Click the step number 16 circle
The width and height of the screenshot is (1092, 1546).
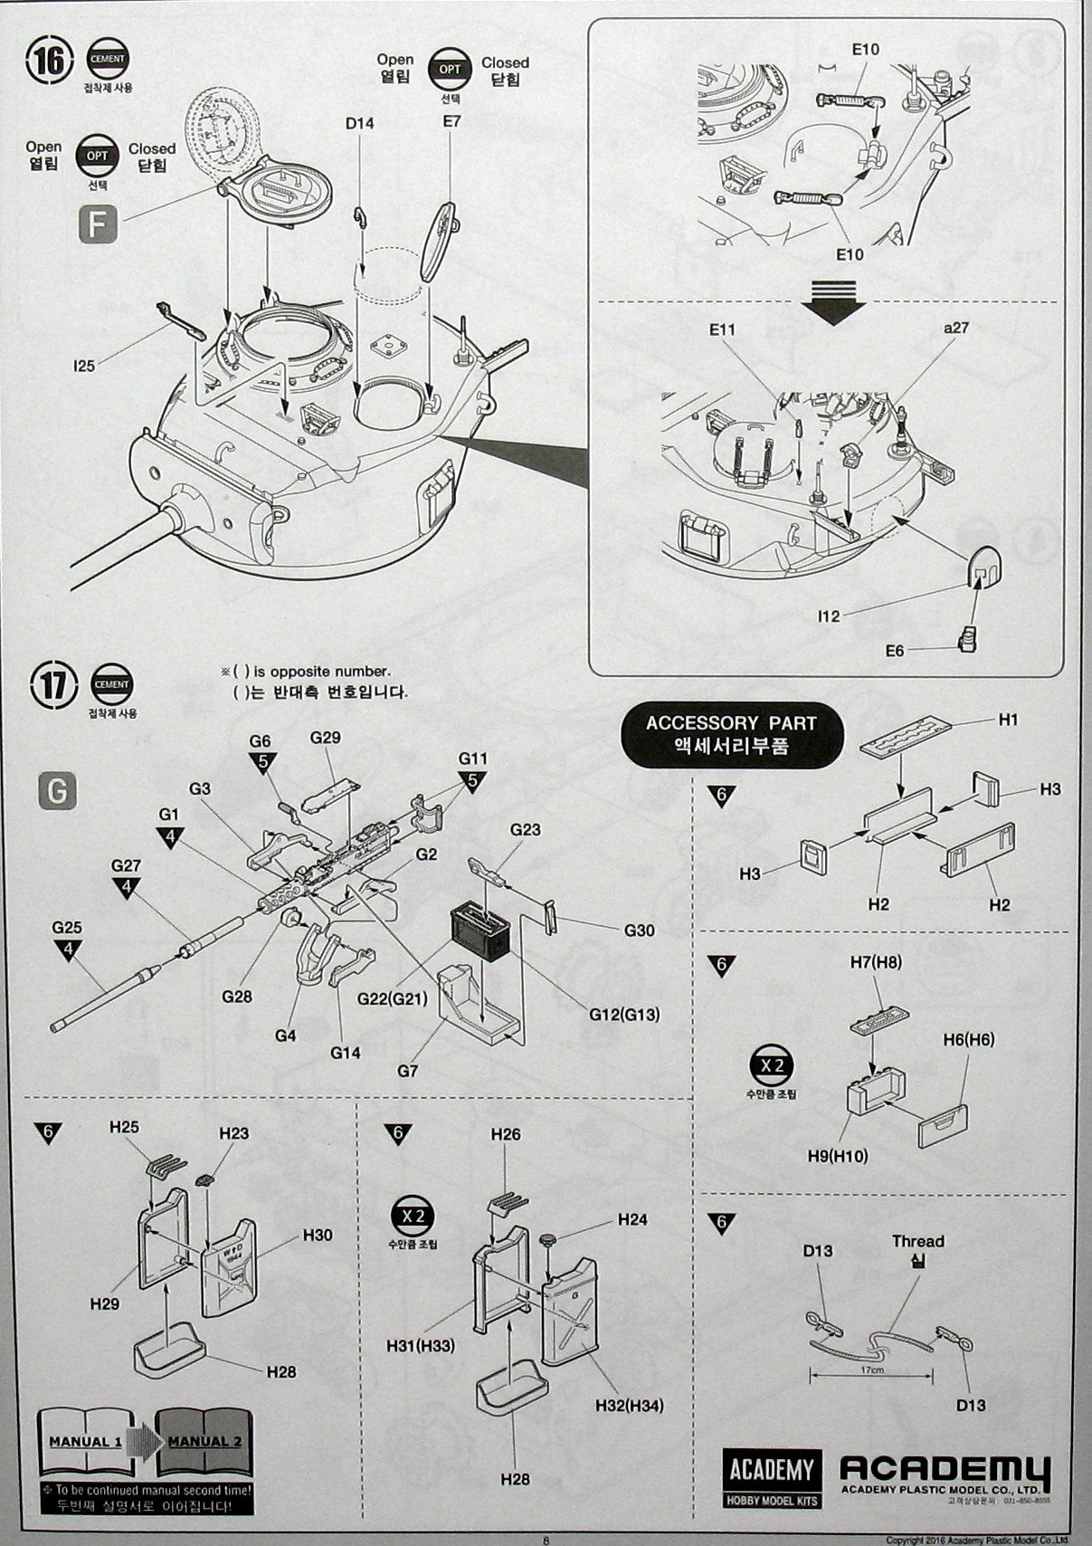pyautogui.click(x=50, y=62)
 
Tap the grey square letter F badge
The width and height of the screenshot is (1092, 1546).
pyautogui.click(x=98, y=225)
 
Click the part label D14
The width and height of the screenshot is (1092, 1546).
pyautogui.click(x=359, y=124)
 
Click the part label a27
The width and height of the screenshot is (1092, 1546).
pyautogui.click(x=955, y=328)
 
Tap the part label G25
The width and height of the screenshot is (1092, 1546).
pyautogui.click(x=67, y=928)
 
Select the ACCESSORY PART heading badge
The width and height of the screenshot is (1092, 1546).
pyautogui.click(x=731, y=733)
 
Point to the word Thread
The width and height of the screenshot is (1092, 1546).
pyautogui.click(x=917, y=1242)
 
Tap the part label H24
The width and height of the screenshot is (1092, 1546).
pyautogui.click(x=632, y=1219)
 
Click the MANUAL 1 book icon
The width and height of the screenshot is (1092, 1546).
pyautogui.click(x=84, y=1441)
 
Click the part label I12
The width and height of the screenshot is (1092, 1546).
pyautogui.click(x=828, y=616)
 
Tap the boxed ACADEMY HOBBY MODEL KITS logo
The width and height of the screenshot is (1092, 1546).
pyautogui.click(x=772, y=1479)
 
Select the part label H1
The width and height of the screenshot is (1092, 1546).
pyautogui.click(x=1009, y=720)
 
